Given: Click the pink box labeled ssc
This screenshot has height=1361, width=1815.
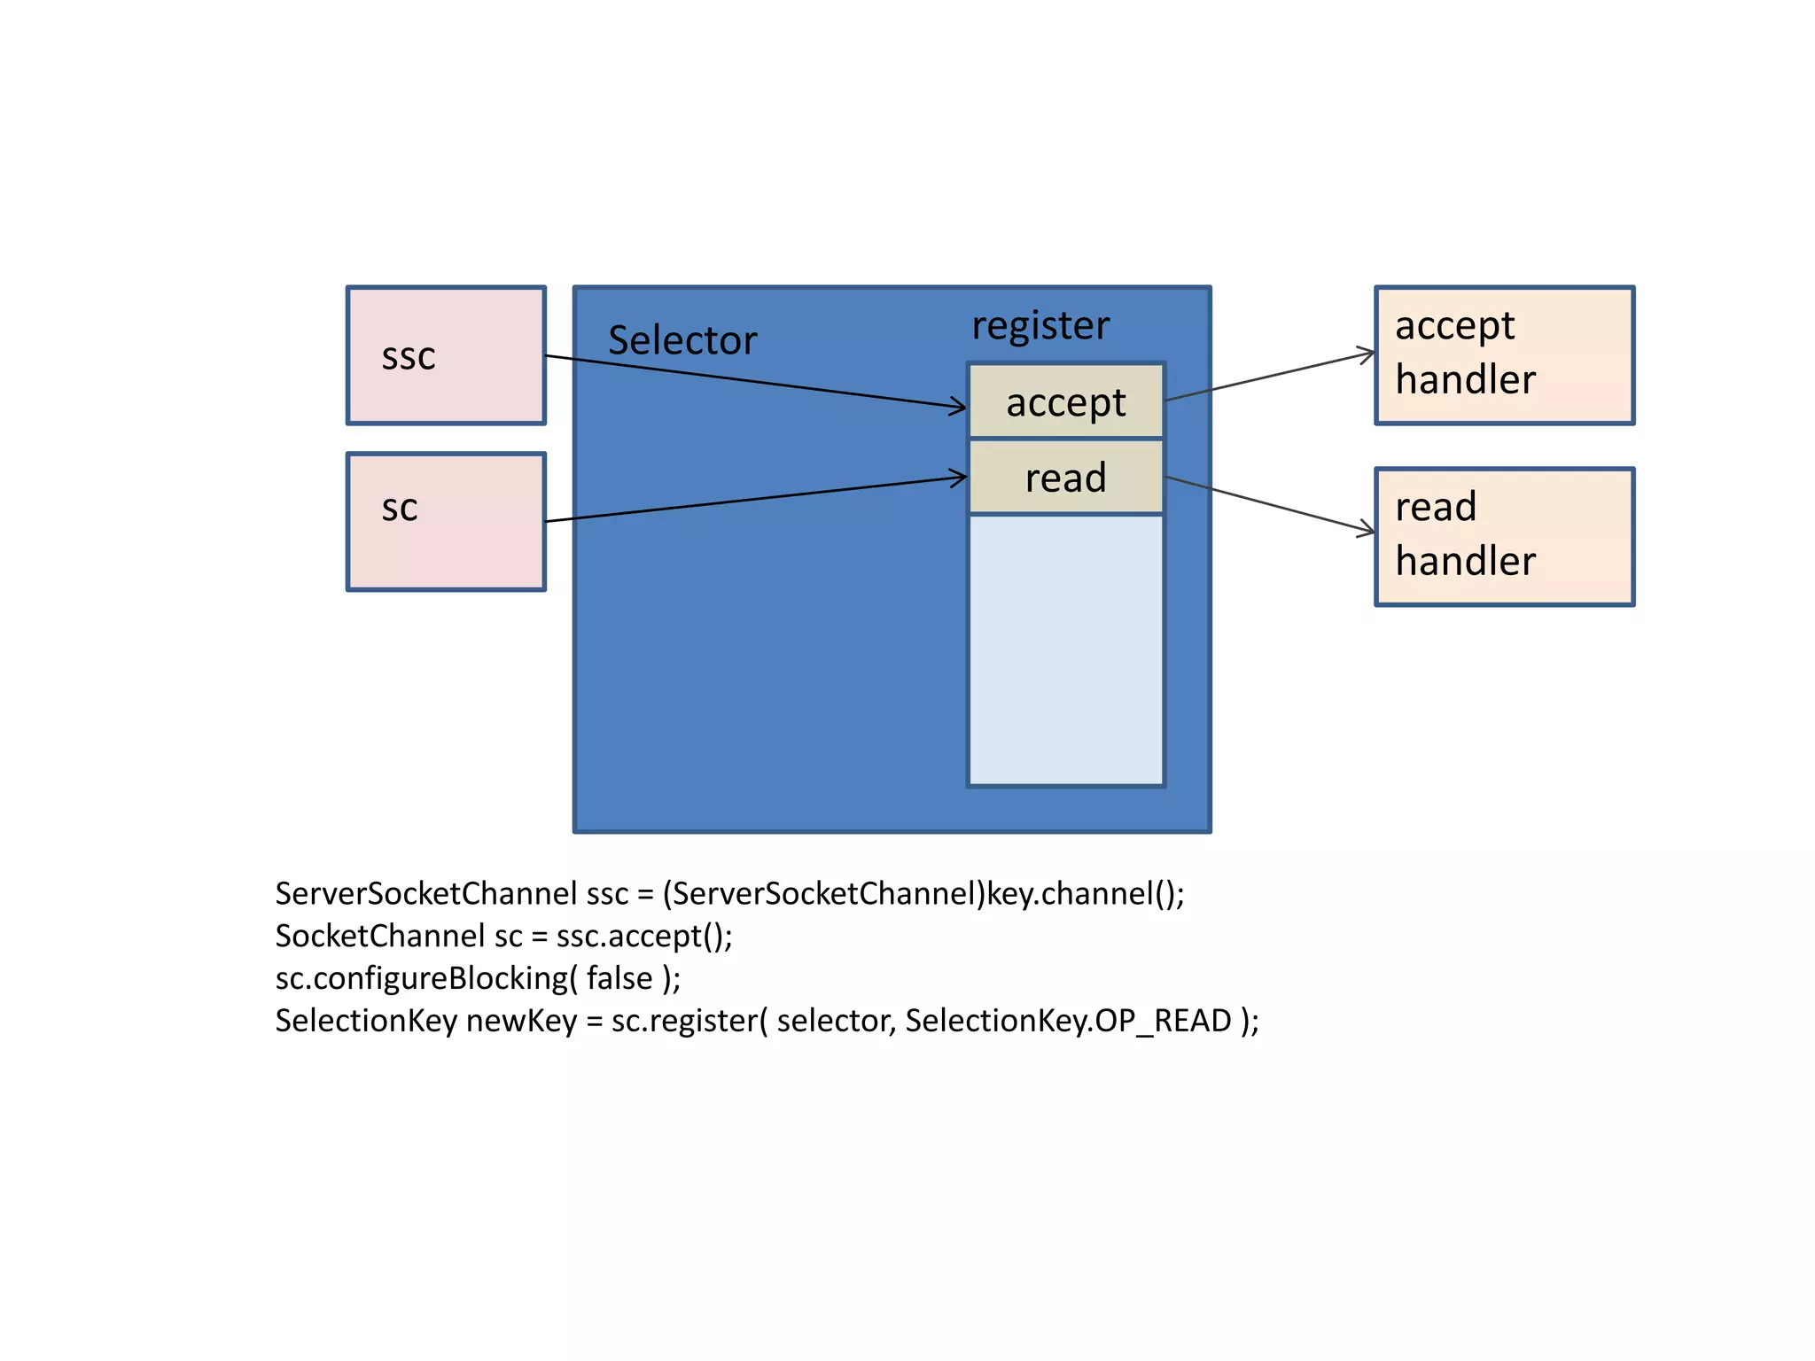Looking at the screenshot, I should point(446,355).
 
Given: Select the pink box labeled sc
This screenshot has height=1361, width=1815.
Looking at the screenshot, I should point(446,522).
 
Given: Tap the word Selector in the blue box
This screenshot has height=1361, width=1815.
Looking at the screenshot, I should point(682,340).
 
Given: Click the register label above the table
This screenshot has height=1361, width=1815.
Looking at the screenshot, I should point(1040,325).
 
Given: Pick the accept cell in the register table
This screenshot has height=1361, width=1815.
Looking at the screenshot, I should point(1065,401).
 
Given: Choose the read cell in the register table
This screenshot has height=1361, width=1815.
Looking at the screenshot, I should point(1065,478).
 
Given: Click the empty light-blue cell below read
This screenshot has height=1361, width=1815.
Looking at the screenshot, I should point(1065,649).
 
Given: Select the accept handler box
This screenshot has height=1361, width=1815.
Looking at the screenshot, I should point(1504,355).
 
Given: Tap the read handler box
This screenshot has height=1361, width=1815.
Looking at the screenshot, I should point(1504,537).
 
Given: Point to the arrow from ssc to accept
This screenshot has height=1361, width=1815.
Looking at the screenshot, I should point(753,382).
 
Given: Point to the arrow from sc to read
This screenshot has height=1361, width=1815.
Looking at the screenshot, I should point(753,500).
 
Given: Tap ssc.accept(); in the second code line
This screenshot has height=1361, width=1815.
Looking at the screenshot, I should point(644,936).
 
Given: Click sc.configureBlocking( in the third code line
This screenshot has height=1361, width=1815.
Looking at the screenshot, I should point(426,978).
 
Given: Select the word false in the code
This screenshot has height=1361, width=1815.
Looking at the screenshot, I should point(619,978).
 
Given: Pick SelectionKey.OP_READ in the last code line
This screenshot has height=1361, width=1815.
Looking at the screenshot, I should point(1068,1021).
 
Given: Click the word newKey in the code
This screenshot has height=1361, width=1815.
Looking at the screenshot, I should point(521,1021).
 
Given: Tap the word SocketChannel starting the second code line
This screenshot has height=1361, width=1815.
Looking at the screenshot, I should point(380,936).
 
